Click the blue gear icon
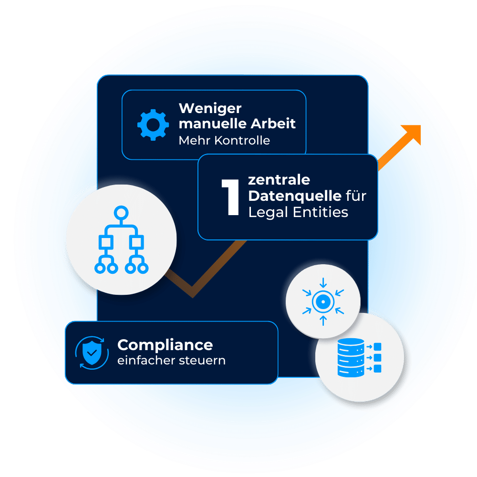coord(153,124)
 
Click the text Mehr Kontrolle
coord(224,140)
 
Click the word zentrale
coord(279,180)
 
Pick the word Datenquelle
coord(295,196)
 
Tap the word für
coord(356,196)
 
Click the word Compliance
coord(165,344)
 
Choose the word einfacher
coord(145,360)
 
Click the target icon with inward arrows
coord(323,302)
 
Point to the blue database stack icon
coord(351,358)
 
